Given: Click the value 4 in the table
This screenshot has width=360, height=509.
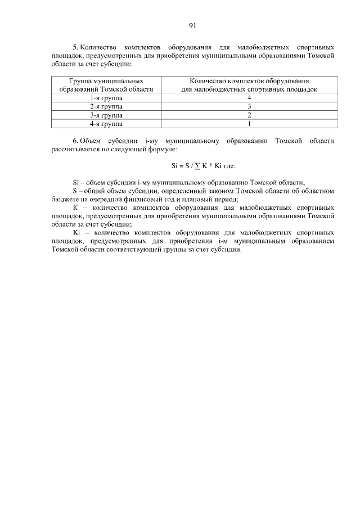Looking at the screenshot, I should click(249, 98).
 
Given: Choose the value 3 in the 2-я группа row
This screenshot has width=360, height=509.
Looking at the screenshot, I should click(249, 106).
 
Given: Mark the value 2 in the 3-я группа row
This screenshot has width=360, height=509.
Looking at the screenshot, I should click(249, 115).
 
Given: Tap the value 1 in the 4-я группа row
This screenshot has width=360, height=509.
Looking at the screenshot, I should click(249, 123).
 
